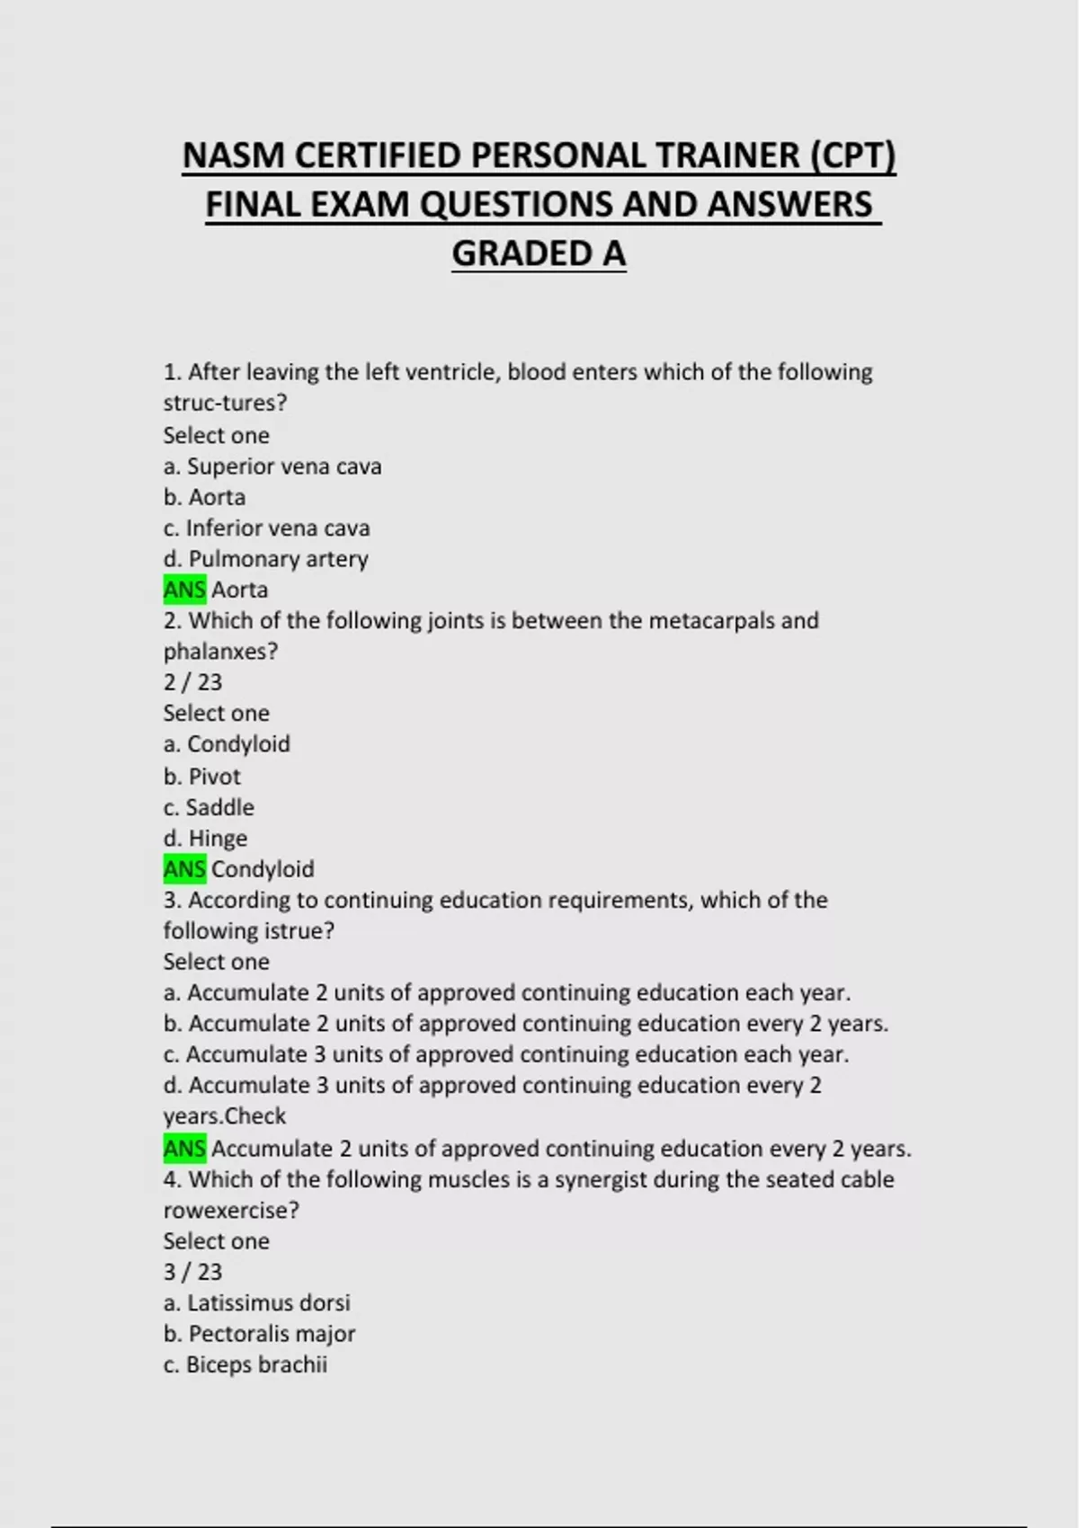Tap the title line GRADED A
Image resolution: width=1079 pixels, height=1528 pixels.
pyautogui.click(x=539, y=253)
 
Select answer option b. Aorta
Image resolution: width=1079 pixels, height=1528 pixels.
pyautogui.click(x=204, y=497)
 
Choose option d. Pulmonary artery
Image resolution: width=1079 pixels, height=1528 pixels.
pyautogui.click(x=265, y=559)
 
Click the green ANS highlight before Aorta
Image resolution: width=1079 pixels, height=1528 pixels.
pyautogui.click(x=184, y=590)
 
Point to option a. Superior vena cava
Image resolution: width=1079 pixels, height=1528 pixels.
pyautogui.click(x=272, y=466)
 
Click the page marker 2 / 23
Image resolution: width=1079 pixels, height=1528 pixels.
pyautogui.click(x=192, y=682)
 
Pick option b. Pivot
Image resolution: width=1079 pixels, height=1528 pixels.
pyautogui.click(x=201, y=777)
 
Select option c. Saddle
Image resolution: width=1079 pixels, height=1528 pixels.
pyautogui.click(x=209, y=807)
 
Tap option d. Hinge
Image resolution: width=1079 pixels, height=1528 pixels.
pyautogui.click(x=205, y=839)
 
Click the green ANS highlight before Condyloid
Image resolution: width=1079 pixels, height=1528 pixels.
pyautogui.click(x=184, y=869)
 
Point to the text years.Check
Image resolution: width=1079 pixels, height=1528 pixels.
pyautogui.click(x=224, y=1116)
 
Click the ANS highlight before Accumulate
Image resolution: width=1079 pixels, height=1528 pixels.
pyautogui.click(x=184, y=1149)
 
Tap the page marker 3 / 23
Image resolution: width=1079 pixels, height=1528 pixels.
pyautogui.click(x=192, y=1272)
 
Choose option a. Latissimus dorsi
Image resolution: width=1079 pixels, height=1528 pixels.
pyautogui.click(x=256, y=1302)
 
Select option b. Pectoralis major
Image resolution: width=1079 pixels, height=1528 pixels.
pyautogui.click(x=259, y=1334)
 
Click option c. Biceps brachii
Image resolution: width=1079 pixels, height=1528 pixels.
pyautogui.click(x=245, y=1364)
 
